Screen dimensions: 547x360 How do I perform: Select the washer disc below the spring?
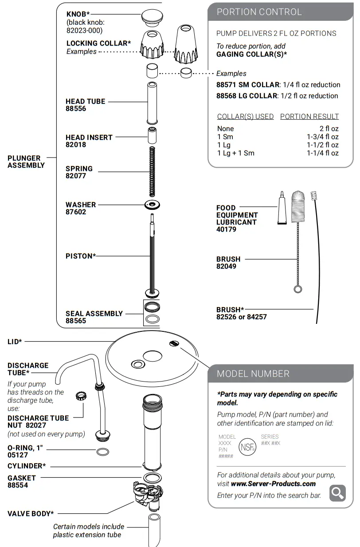tap(152, 205)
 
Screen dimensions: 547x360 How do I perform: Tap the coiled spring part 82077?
tap(152, 171)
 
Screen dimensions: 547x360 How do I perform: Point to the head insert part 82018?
tap(152, 134)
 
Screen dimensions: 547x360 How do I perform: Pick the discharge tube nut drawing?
tap(81, 396)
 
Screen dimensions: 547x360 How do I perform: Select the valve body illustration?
tap(149, 494)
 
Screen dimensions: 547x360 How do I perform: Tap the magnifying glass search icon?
tap(337, 493)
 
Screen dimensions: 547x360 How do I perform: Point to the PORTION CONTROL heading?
tap(259, 12)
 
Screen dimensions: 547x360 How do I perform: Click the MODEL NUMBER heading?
tap(253, 374)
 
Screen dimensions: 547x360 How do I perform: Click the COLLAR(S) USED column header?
tap(245, 116)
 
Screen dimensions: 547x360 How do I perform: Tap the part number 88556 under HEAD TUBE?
tap(76, 109)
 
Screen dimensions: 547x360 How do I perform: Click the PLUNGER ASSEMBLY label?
tap(26, 161)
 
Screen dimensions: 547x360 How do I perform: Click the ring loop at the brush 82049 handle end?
tap(298, 289)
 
